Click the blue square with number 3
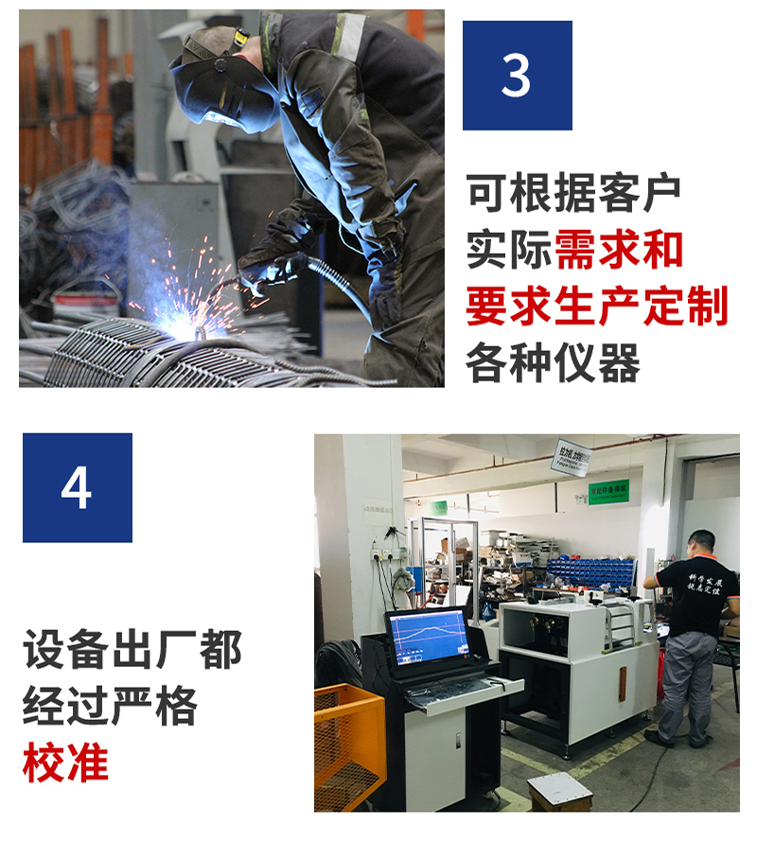click(517, 75)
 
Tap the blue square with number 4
click(77, 487)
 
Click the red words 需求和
click(619, 251)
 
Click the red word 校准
click(65, 763)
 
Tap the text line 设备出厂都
click(132, 651)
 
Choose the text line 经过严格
click(111, 707)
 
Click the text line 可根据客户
click(573, 194)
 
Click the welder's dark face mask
click(213, 85)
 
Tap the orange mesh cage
click(348, 747)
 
